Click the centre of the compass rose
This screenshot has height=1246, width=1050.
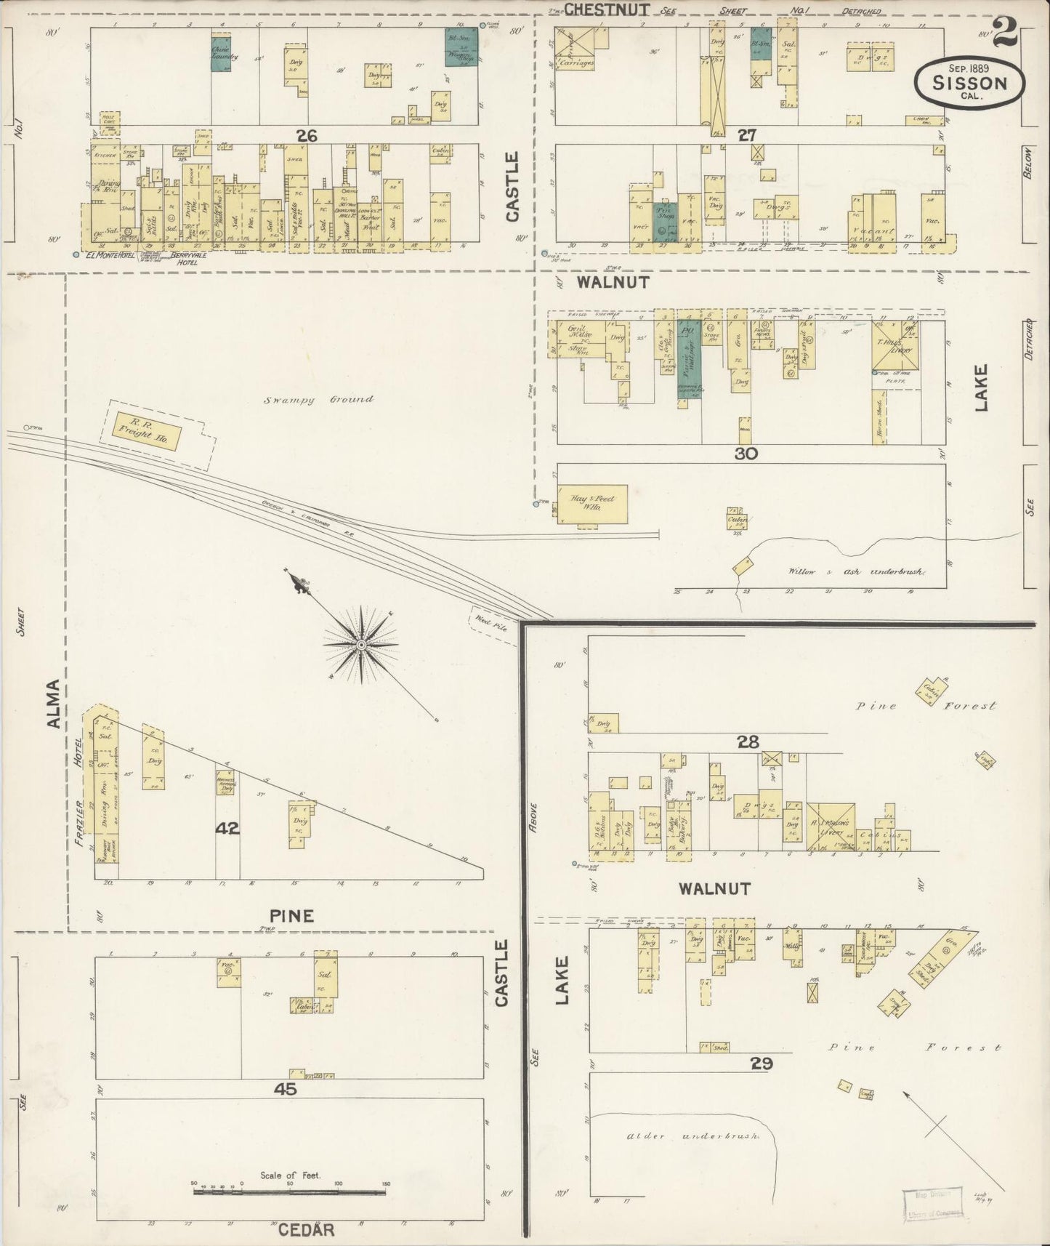pyautogui.click(x=361, y=645)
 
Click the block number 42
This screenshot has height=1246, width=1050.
pyautogui.click(x=227, y=827)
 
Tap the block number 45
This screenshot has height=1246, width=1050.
pyautogui.click(x=284, y=1089)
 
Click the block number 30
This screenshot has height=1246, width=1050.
pyautogui.click(x=746, y=454)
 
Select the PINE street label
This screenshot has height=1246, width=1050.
pyautogui.click(x=291, y=916)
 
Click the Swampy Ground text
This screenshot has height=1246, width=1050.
pyautogui.click(x=318, y=399)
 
